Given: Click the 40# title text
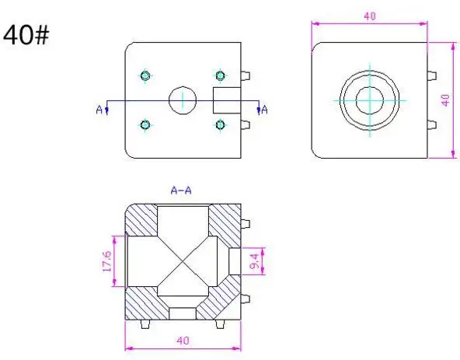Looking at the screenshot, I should click(x=28, y=35).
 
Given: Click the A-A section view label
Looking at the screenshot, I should click(x=182, y=190).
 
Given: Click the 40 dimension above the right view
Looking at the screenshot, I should click(x=370, y=16).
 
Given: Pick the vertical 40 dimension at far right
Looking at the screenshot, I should click(x=445, y=100).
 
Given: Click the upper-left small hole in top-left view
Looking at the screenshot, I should click(x=145, y=75).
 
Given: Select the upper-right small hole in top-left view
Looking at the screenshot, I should click(x=220, y=75).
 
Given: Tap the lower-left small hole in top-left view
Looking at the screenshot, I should click(x=145, y=124).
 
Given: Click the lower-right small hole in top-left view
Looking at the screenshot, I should click(x=220, y=124).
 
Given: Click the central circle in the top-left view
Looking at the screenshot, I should click(x=182, y=100).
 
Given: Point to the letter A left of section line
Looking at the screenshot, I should click(x=99, y=110).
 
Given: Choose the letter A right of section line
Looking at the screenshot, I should click(x=265, y=110).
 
